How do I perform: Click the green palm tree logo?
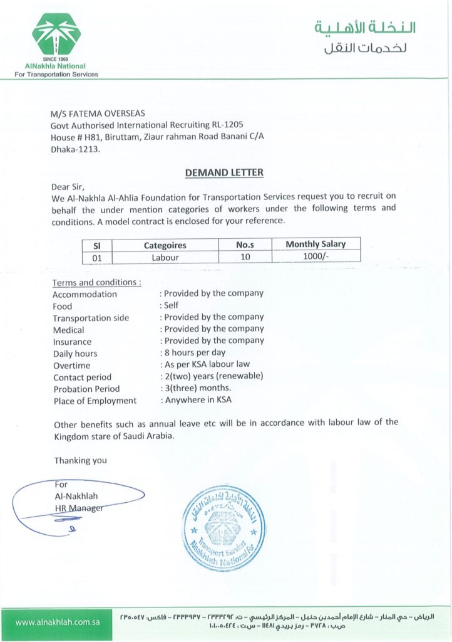pos(56,34)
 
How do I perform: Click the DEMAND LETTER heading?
pos(224,172)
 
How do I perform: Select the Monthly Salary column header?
pos(315,244)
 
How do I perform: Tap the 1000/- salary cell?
pos(315,256)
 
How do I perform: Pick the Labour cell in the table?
pos(165,257)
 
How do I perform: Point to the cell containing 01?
pos(97,257)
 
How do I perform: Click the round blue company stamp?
pos(223,528)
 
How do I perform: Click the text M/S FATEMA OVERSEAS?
pos(98,113)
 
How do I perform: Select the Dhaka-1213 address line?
pos(75,149)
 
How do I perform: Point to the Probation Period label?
pos(86,389)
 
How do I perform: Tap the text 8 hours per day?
pos(195,352)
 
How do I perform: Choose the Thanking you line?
pos(80,460)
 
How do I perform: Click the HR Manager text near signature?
pos(79,508)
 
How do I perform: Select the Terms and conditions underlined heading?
pos(96,282)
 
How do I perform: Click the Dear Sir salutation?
pos(67,186)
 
